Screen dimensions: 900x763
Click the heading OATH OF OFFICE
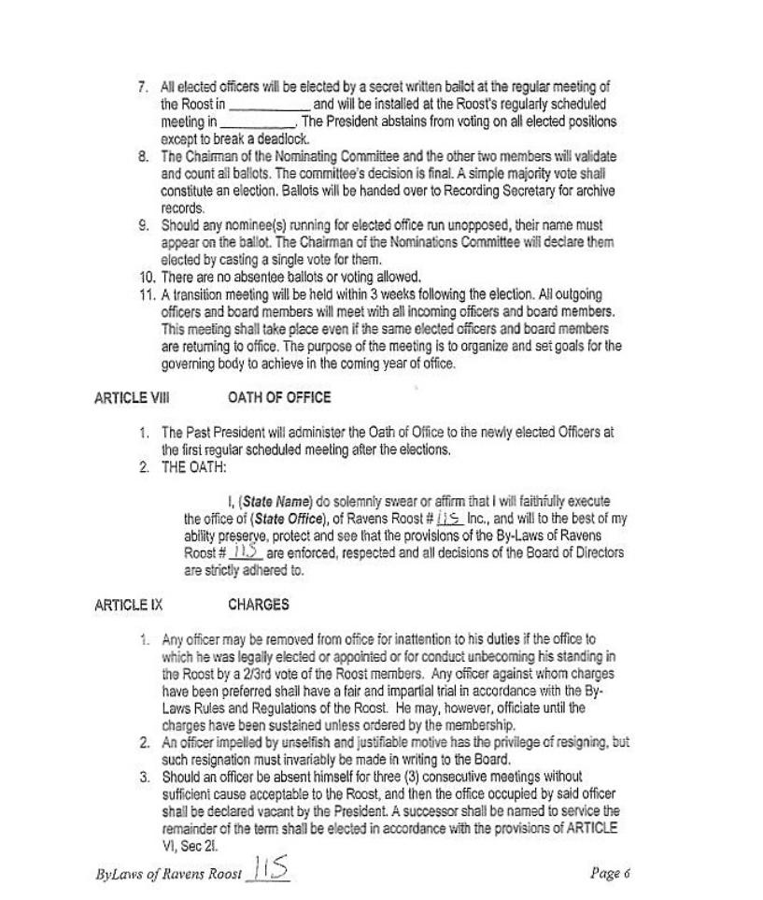278,397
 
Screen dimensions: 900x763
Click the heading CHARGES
258,605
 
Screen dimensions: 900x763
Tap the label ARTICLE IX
128,605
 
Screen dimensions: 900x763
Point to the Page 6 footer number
611,873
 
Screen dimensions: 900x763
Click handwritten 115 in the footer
270,869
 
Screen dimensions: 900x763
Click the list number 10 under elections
148,277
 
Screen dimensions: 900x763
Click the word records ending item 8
182,208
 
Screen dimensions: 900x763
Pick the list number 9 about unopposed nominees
144,225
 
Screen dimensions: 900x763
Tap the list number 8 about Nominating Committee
144,156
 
